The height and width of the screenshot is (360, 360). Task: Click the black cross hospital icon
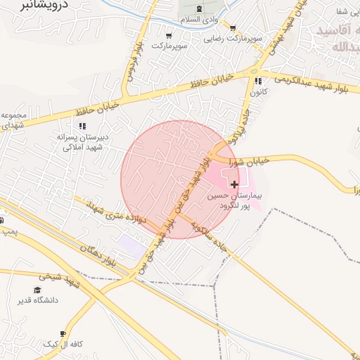tap(234, 184)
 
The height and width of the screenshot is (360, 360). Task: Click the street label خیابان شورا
tap(252, 160)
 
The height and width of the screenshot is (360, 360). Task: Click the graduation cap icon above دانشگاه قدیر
tap(37, 290)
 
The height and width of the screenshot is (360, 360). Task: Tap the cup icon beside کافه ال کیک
tap(63, 333)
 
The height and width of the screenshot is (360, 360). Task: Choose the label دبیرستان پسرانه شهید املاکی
tap(83, 142)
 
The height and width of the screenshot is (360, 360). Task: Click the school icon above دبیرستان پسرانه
tap(83, 127)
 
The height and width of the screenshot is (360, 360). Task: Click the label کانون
tap(259, 92)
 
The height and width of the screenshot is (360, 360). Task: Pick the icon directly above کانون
tap(258, 81)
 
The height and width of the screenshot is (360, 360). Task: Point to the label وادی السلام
tap(200, 20)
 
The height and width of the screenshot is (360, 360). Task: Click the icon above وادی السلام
tap(200, 8)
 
